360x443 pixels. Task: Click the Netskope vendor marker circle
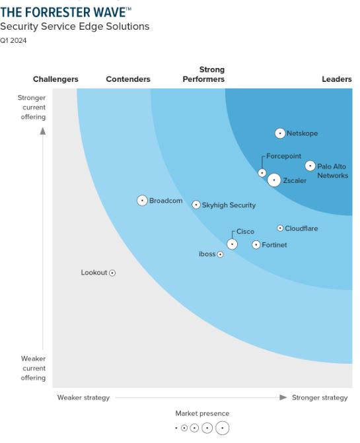pyautogui.click(x=280, y=133)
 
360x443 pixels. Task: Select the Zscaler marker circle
pyautogui.click(x=274, y=180)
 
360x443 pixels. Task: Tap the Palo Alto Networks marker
pyautogui.click(x=310, y=166)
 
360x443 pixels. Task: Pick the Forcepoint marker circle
pyautogui.click(x=262, y=173)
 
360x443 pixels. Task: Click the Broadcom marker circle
pyautogui.click(x=142, y=201)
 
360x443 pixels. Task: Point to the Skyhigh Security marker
pyautogui.click(x=196, y=205)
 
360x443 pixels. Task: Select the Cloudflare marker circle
pyautogui.click(x=280, y=228)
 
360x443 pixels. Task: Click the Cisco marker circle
pyautogui.click(x=232, y=244)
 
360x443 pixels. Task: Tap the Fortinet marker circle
pyautogui.click(x=256, y=245)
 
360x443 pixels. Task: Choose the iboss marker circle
pyautogui.click(x=221, y=254)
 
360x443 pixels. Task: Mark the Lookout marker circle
pyautogui.click(x=112, y=273)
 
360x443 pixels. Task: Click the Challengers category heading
pyautogui.click(x=55, y=79)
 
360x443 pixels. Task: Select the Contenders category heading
pyautogui.click(x=128, y=79)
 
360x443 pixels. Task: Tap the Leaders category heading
pyautogui.click(x=337, y=79)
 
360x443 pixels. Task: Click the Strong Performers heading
pyautogui.click(x=204, y=75)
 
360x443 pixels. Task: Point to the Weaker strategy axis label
pyautogui.click(x=83, y=397)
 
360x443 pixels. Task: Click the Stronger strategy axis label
pyautogui.click(x=320, y=397)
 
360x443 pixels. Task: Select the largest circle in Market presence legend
pyautogui.click(x=223, y=428)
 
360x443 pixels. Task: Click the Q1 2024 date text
pyautogui.click(x=14, y=40)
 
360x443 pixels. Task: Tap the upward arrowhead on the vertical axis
pyautogui.click(x=43, y=131)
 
